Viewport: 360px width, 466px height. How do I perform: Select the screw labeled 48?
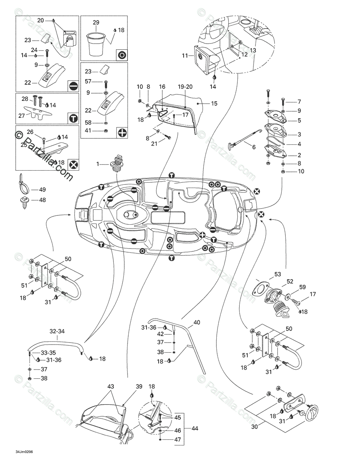(x=24, y=202)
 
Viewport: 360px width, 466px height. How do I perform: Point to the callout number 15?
(x=214, y=103)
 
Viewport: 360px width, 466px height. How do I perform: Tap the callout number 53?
(x=277, y=274)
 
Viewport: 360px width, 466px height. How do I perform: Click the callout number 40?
(x=197, y=322)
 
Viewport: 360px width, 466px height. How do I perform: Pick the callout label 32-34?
(x=57, y=331)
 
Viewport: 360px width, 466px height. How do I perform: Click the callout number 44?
(x=195, y=428)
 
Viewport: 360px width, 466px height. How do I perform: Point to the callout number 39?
(x=139, y=387)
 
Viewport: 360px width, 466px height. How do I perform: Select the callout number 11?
(x=185, y=56)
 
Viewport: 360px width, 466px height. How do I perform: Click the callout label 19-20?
(x=185, y=87)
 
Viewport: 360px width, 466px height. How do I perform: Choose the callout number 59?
(x=302, y=287)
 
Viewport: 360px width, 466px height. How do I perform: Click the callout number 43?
(x=111, y=387)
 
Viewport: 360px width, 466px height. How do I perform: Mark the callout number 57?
(x=88, y=81)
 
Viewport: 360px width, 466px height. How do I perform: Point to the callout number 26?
(x=30, y=132)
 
